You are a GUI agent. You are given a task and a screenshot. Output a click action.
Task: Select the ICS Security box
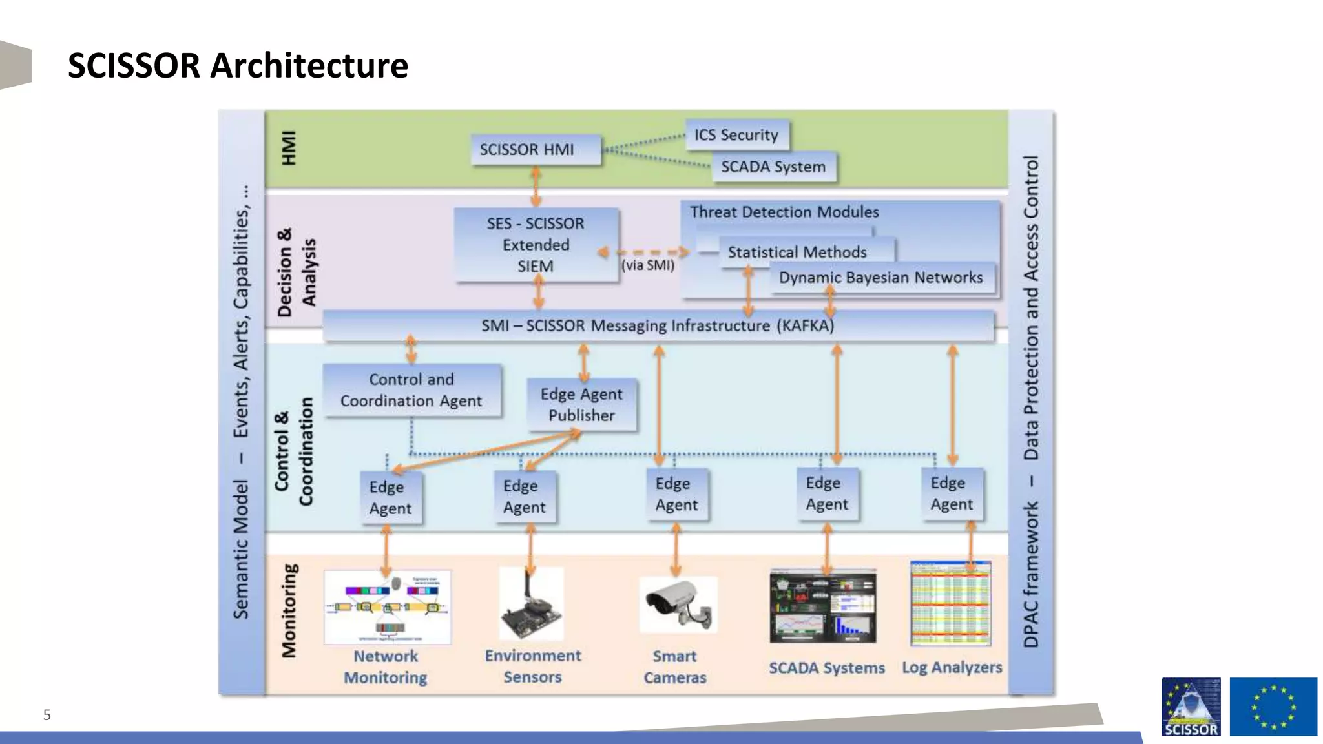[x=736, y=135]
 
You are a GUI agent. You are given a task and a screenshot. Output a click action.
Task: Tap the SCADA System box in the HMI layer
[x=774, y=167]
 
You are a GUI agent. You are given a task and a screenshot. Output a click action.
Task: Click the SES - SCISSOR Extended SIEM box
[x=536, y=245]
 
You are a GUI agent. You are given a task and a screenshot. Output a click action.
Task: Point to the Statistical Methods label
[x=797, y=253]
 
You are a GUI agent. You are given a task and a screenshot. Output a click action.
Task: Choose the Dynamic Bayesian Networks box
[x=880, y=278]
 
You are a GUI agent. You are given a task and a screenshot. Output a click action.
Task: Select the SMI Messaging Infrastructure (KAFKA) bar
[x=658, y=325]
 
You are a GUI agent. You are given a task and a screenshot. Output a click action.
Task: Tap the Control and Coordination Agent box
[x=411, y=390]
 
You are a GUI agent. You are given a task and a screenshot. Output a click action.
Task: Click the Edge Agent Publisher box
[x=581, y=405]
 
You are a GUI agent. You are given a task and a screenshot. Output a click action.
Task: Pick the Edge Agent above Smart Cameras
[x=676, y=494]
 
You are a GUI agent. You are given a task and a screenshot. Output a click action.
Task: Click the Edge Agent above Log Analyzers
[x=952, y=493]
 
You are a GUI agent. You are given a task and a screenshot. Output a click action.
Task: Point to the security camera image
[x=678, y=604]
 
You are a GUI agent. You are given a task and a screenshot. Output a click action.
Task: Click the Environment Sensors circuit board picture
[x=531, y=604]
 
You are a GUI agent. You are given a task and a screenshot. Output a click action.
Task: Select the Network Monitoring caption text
[x=386, y=666]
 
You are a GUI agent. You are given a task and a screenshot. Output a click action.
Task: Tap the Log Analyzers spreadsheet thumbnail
[x=950, y=603]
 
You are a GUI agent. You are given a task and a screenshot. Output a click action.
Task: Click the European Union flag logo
[x=1273, y=706]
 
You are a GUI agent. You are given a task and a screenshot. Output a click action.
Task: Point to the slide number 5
[x=47, y=715]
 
